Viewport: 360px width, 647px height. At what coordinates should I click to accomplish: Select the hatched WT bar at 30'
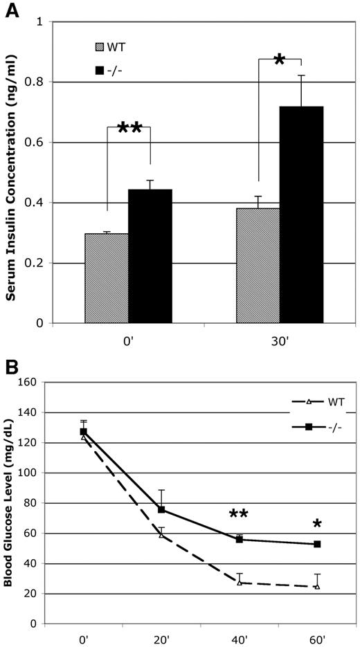[258, 266]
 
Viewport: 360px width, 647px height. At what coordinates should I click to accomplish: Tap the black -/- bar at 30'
[301, 215]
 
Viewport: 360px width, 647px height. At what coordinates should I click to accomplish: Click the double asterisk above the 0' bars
[129, 129]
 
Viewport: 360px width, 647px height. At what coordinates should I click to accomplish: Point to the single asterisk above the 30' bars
[279, 61]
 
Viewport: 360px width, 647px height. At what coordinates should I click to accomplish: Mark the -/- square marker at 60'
[317, 545]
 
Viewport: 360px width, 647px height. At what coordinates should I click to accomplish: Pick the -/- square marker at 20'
[161, 510]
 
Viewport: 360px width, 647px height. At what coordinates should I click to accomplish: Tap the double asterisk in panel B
[240, 515]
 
